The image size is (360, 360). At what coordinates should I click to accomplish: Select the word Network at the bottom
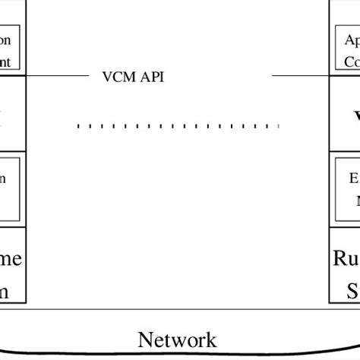[177, 339]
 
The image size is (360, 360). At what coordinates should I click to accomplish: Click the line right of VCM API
[300, 76]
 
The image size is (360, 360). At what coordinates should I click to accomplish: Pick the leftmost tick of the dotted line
[77, 126]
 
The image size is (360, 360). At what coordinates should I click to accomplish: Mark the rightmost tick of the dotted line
[279, 126]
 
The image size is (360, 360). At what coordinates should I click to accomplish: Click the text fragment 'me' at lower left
[11, 260]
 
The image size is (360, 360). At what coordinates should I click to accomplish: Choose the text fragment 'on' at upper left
[5, 40]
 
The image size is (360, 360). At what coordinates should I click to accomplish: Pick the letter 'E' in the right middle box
[354, 179]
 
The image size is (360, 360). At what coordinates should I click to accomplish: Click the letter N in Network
[145, 339]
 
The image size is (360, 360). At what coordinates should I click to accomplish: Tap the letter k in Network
[210, 339]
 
